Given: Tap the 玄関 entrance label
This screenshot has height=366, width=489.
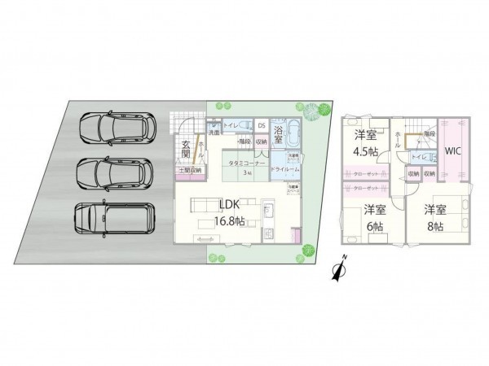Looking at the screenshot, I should point(185,149).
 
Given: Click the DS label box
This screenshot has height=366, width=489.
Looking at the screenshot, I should point(261,126).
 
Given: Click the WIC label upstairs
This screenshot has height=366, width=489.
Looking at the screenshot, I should point(454,150).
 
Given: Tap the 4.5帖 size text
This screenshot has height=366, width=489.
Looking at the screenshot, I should point(366,150).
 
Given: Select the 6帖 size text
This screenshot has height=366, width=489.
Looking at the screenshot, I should point(375,223).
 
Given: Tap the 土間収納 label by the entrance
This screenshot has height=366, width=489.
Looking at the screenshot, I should point(189,170).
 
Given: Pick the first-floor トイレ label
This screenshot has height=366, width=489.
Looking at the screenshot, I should point(231,126).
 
